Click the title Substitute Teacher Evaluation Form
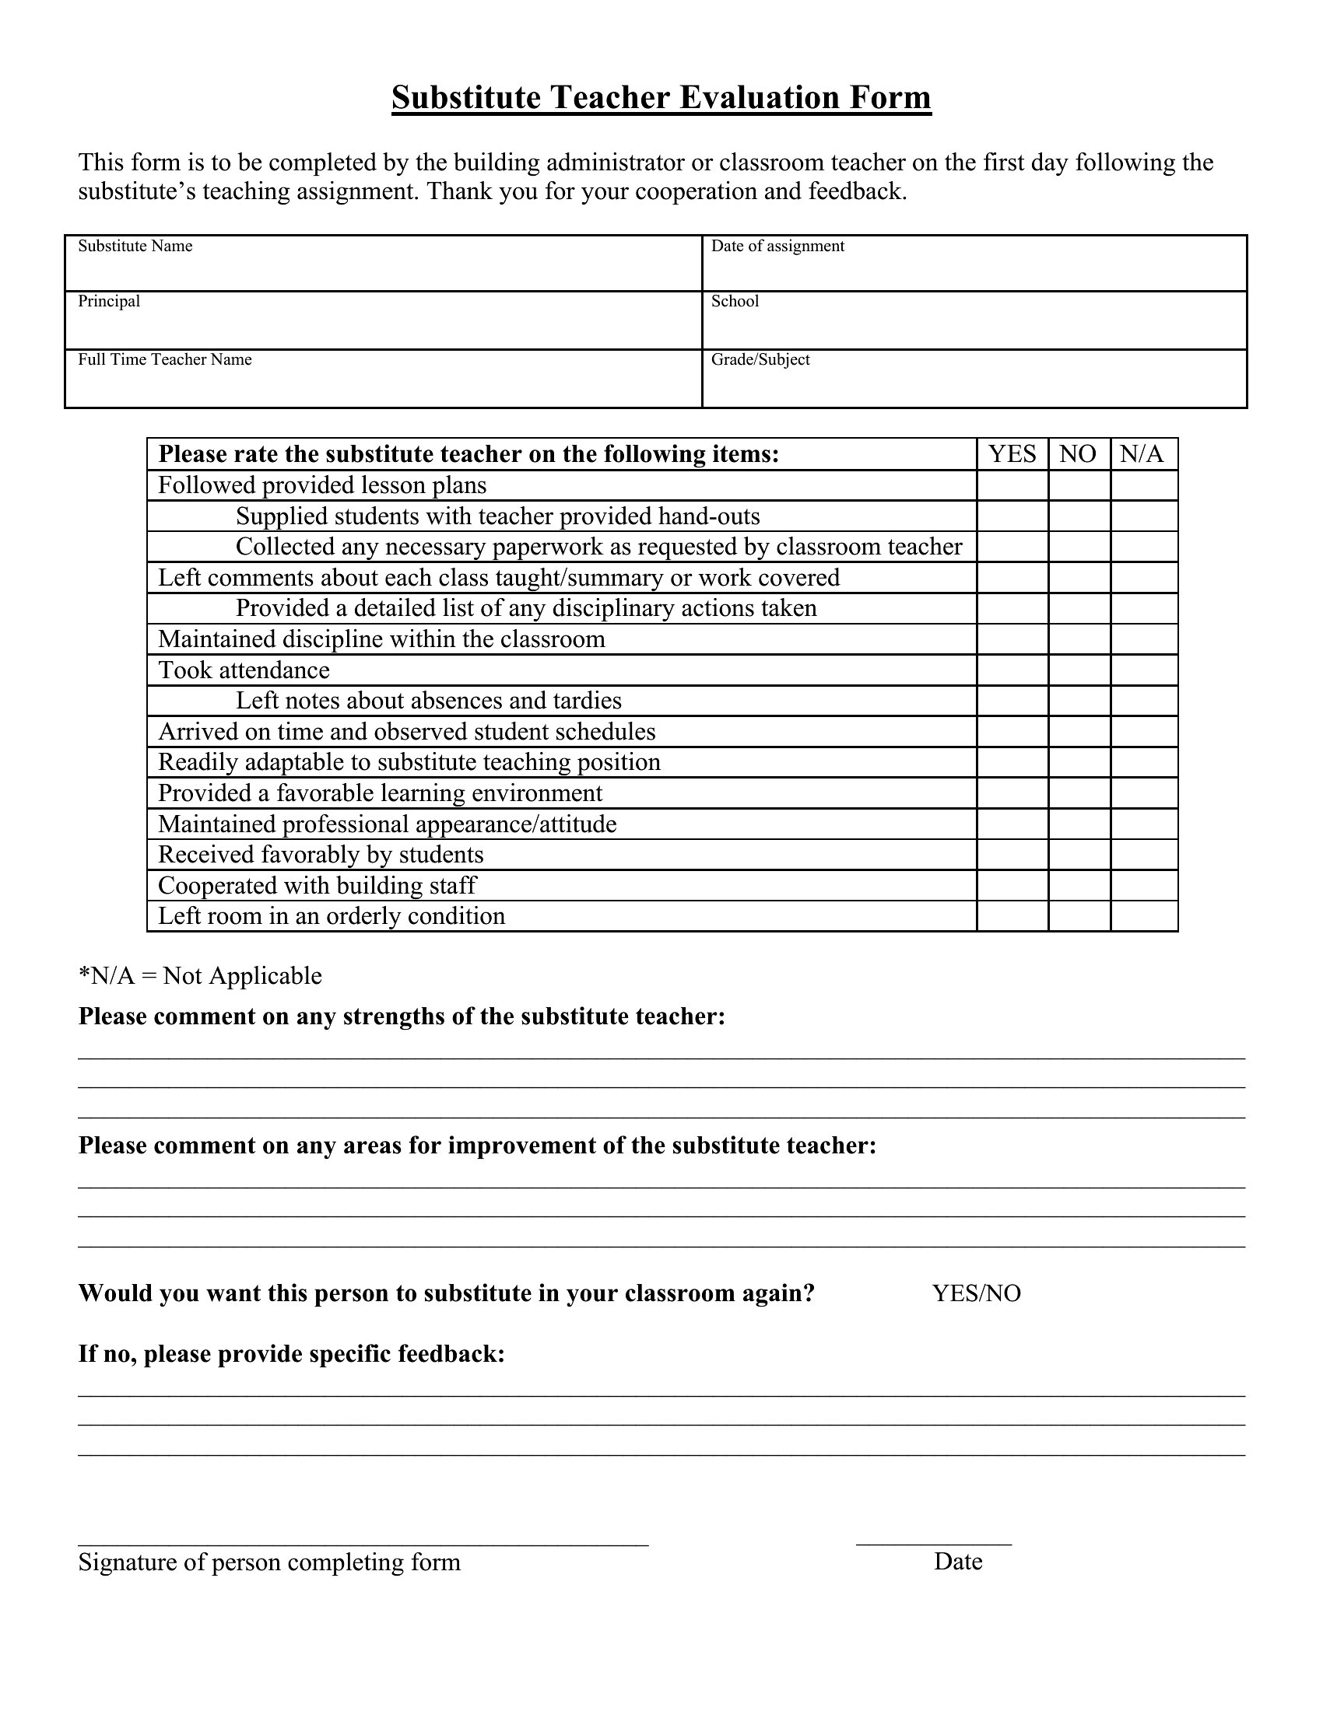pos(661,98)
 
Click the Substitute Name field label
pos(135,246)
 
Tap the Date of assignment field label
pos(777,246)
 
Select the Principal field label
pos(109,301)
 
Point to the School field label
pos(735,301)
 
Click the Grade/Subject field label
pos(760,359)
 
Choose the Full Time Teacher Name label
pos(164,359)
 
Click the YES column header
pos(1012,454)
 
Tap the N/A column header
pos(1142,454)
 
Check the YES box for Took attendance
pos(1012,670)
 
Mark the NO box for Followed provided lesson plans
pos(1079,486)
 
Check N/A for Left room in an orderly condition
pos(1143,916)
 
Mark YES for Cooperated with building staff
pos(1012,885)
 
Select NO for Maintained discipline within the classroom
pos(1079,639)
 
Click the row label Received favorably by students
pos(321,855)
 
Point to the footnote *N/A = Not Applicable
pos(200,976)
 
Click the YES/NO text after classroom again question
pos(976,1293)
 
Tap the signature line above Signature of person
pos(363,1544)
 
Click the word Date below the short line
pos(958,1562)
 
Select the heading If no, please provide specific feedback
pos(292,1354)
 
